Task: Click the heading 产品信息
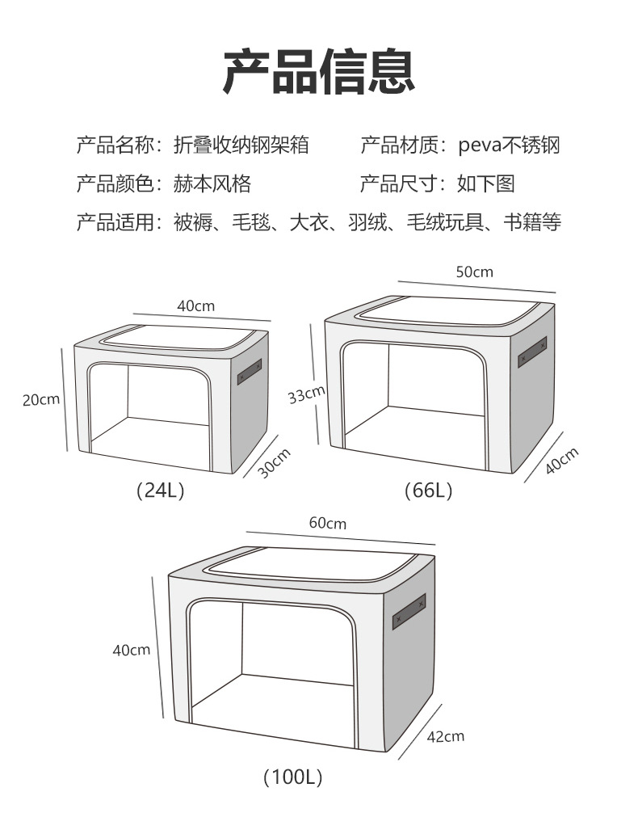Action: pos(319,72)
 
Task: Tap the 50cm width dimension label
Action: pos(474,272)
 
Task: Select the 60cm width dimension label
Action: pos(327,523)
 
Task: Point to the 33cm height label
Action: pos(306,394)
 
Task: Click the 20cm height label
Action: pos(41,399)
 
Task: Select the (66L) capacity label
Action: pos(428,491)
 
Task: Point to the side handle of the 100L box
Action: pos(409,612)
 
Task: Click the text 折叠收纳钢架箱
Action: pos(241,145)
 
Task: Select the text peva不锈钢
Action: pos(509,145)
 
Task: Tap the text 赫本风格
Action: pos(212,183)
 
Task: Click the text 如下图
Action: pos(485,183)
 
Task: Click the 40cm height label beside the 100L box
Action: pos(132,650)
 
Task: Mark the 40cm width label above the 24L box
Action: pos(196,305)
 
